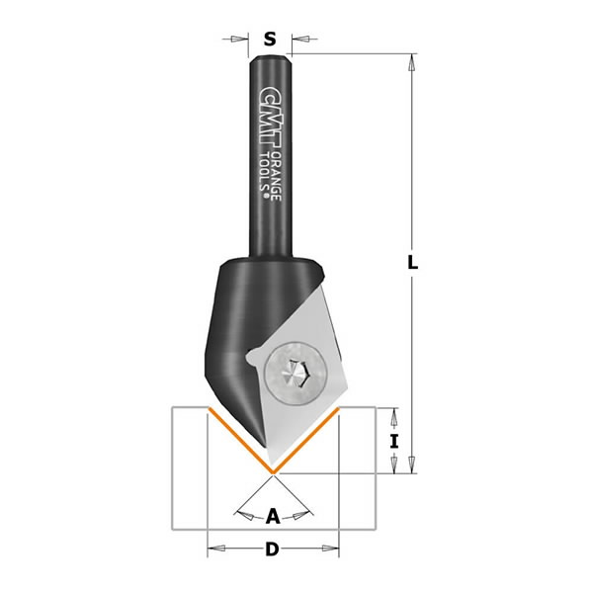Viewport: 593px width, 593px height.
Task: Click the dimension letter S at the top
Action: tap(270, 40)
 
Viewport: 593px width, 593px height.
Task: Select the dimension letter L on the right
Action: tap(413, 264)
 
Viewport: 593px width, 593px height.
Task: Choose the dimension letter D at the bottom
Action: tap(272, 551)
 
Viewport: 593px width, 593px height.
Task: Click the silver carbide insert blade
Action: tap(296, 395)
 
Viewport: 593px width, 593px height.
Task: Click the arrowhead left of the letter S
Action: tap(241, 40)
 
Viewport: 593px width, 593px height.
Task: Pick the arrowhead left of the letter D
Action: tap(212, 551)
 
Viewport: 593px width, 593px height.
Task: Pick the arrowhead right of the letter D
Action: tap(334, 551)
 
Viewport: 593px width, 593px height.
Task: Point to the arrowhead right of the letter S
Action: tap(296, 40)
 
